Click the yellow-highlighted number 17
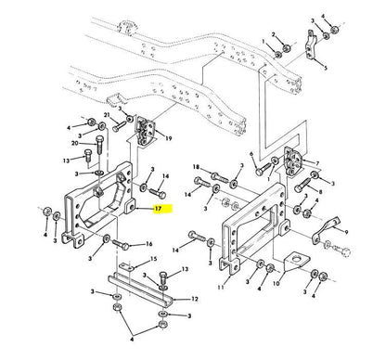161,211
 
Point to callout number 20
73,143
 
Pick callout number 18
197,167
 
